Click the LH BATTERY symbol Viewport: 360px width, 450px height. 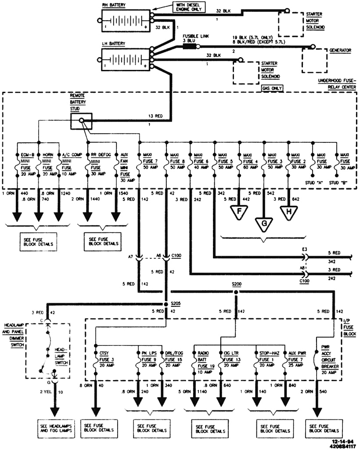point(125,60)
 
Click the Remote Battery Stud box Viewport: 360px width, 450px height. point(81,121)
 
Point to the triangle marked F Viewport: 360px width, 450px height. point(239,211)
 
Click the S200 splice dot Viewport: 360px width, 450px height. point(236,292)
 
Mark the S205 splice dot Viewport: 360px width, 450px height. point(166,304)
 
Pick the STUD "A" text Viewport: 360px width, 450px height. point(312,181)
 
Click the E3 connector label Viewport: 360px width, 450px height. point(305,248)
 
